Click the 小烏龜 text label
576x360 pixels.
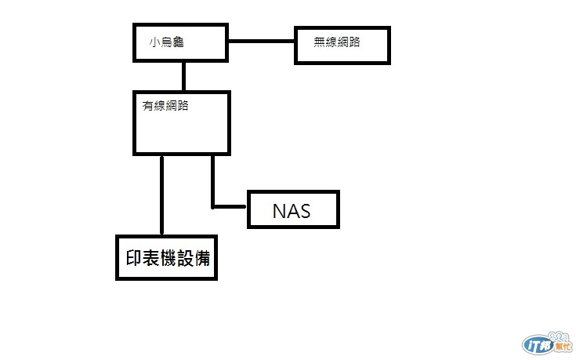(x=166, y=42)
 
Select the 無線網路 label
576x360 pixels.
(x=337, y=42)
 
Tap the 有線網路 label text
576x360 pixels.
(x=165, y=107)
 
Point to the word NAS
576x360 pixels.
(x=292, y=211)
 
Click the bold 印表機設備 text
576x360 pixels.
(x=167, y=257)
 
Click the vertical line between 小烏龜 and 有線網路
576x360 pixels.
(x=183, y=76)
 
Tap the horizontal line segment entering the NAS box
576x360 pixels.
(x=230, y=207)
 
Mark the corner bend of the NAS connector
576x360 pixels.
(x=213, y=207)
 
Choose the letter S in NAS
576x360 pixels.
(x=304, y=211)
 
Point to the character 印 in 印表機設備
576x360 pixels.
(x=133, y=257)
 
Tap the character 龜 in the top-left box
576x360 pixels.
(x=178, y=42)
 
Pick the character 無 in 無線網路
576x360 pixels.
(x=319, y=42)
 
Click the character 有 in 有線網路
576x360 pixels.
(x=147, y=107)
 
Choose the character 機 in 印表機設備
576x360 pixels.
(x=167, y=257)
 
